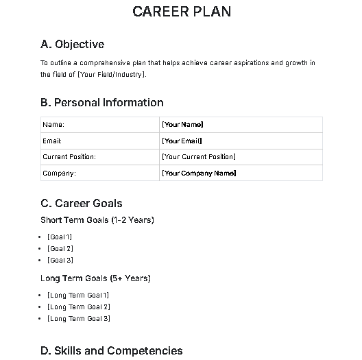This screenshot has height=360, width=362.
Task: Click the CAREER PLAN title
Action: point(181,12)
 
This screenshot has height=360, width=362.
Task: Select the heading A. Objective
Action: point(73,45)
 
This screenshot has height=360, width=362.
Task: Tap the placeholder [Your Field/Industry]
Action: point(112,74)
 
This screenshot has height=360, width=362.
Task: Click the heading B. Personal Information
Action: point(102,103)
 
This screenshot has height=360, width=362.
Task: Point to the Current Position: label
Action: point(69,157)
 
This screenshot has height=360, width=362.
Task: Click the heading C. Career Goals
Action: point(82,204)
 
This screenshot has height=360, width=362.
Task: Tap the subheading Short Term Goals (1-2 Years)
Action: point(97,220)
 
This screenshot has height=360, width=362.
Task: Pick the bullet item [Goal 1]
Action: point(60,237)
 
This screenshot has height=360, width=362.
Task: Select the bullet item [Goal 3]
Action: point(60,260)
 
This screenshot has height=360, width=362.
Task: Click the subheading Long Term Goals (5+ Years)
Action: point(95,278)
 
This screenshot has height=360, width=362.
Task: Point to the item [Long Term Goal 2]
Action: point(78,307)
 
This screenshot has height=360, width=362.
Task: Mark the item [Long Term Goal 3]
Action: point(78,318)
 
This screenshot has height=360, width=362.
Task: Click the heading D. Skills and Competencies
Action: point(112,351)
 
